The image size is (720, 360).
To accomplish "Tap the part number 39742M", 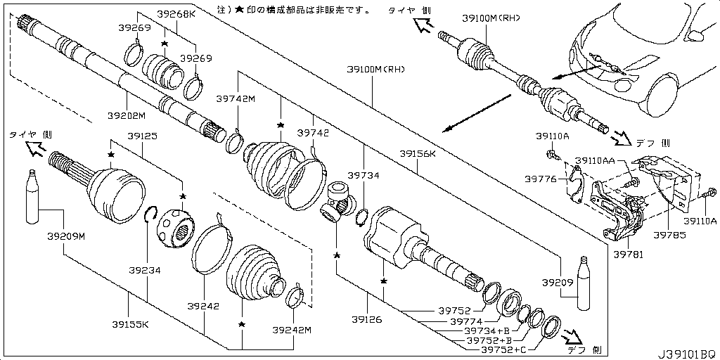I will [235, 99].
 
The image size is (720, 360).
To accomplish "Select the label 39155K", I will [130, 324].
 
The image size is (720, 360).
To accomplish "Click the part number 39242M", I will [292, 330].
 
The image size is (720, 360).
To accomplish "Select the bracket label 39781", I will [628, 254].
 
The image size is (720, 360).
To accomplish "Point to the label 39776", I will [539, 179].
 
